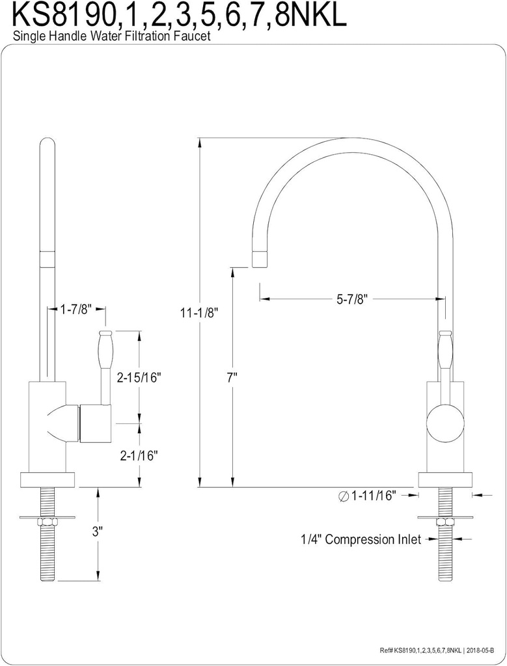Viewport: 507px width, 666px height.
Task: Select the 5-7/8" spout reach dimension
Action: (352, 299)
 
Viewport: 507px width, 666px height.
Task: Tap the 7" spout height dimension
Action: (232, 377)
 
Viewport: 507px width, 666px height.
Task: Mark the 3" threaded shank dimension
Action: (98, 531)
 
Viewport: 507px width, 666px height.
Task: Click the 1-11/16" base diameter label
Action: (374, 496)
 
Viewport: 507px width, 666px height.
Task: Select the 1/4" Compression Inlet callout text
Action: (360, 539)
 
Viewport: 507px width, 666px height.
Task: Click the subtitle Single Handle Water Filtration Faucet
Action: (111, 37)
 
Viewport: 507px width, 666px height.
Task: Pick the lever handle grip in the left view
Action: (106, 354)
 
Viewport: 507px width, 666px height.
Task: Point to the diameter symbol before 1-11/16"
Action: (343, 496)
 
